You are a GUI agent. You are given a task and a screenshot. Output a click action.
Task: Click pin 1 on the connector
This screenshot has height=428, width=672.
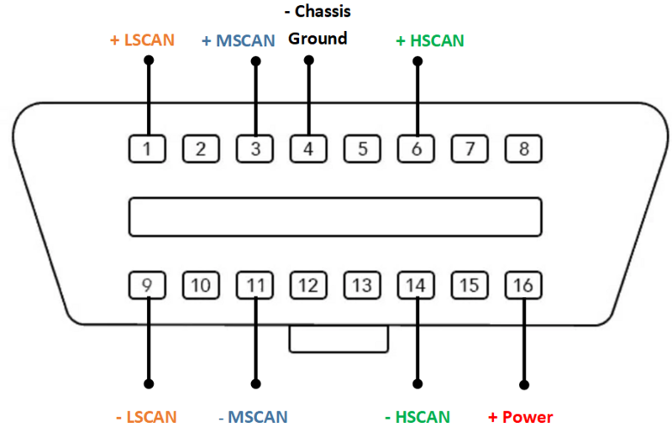[x=148, y=149]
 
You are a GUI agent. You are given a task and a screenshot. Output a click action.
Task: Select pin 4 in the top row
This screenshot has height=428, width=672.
[x=308, y=149]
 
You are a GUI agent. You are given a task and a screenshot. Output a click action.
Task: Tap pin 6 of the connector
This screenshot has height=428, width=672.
[x=417, y=149]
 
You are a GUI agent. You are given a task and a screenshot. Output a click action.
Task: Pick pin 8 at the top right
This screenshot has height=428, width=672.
[x=523, y=149]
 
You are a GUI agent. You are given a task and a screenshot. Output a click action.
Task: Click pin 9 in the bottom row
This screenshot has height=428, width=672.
[x=148, y=285]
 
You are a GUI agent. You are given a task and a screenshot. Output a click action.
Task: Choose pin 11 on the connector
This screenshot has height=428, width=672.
[x=255, y=285]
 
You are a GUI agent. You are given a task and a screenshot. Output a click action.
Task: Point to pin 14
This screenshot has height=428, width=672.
[x=416, y=285]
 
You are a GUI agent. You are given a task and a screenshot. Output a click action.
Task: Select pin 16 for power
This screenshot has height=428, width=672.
[x=523, y=285]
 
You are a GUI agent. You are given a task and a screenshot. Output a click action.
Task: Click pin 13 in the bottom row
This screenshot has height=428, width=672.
[x=362, y=285]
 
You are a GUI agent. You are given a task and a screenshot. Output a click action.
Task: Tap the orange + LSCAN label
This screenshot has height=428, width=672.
[x=143, y=39]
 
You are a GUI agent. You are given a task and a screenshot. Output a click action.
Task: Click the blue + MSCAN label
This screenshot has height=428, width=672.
[x=239, y=40]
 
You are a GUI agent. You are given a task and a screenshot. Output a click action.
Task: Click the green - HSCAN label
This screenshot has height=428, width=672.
[x=417, y=416]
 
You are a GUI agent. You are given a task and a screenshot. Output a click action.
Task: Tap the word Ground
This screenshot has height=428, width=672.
[x=318, y=38]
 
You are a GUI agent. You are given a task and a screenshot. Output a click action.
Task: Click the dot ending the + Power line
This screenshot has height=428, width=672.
[x=525, y=385]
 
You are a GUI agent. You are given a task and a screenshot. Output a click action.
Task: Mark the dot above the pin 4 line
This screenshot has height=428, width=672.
[x=308, y=60]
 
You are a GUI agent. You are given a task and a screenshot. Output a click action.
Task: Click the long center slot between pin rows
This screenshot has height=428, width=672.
[x=334, y=217]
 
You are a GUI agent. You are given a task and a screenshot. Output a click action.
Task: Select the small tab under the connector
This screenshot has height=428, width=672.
[x=339, y=339]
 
